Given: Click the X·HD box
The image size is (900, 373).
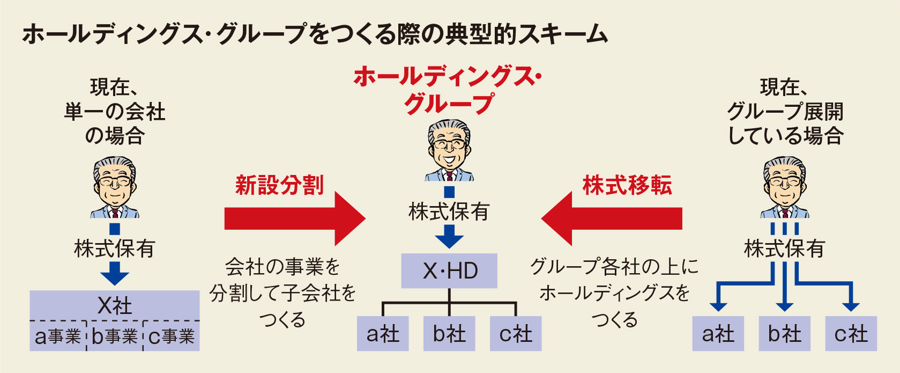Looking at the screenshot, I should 449,271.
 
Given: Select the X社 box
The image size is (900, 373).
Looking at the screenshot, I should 114,305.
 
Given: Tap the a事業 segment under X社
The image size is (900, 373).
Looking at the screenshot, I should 57,337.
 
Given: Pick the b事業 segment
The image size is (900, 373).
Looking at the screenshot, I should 114,337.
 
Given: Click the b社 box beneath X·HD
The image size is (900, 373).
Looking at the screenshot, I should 449,334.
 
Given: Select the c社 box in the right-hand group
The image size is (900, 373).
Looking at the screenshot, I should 851,334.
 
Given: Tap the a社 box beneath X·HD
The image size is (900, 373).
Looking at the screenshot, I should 383,334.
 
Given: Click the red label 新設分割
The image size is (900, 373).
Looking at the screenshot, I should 279,186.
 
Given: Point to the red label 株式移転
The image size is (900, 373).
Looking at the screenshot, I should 627,186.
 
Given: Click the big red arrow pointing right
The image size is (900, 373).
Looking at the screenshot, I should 295,218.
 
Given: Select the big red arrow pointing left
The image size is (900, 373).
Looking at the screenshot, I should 611,218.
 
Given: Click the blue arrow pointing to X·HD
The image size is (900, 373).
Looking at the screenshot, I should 449,236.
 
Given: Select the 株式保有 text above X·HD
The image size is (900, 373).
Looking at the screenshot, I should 449,212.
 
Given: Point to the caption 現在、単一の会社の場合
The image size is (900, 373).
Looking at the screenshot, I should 114,111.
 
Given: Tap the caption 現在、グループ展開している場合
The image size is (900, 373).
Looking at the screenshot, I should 785,111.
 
